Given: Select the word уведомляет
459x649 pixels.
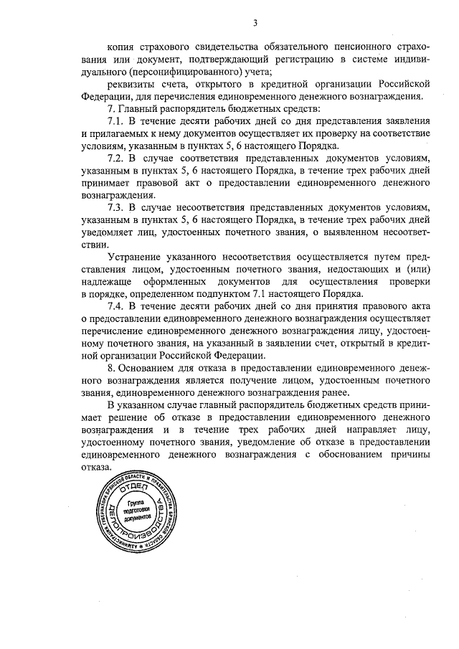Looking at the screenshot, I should coord(110,231).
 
